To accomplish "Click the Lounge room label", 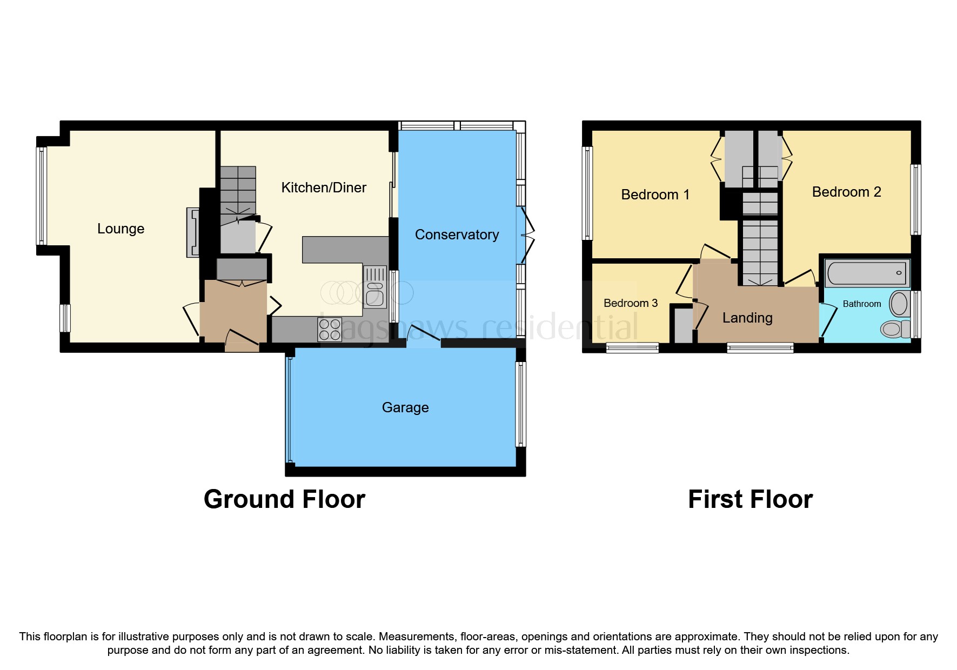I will [121, 229].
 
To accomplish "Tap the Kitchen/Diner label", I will [324, 187].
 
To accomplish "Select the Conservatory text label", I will [457, 234].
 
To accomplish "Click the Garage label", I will [405, 407].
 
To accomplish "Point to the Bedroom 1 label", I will [655, 195].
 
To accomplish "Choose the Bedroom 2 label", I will [846, 192].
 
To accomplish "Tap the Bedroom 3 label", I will [630, 303].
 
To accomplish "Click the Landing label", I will [747, 318].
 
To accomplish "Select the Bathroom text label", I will [861, 304].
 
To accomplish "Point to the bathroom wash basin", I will [899, 304].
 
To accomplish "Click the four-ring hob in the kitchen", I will [330, 330].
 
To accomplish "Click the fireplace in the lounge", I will [193, 232].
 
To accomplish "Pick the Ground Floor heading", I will [284, 499].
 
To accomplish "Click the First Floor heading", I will [750, 499].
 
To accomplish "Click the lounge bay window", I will [42, 196].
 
